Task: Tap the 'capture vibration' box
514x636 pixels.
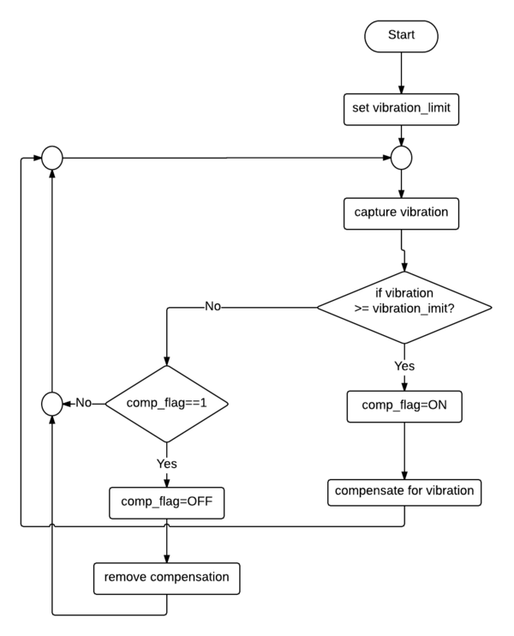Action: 402,212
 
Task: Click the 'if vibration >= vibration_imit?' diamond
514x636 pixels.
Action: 404,307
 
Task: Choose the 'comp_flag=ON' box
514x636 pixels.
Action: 404,407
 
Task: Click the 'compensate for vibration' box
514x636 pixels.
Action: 404,492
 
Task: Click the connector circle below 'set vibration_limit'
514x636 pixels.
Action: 402,157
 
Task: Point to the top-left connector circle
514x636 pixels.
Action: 51,157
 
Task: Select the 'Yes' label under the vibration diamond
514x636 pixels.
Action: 404,366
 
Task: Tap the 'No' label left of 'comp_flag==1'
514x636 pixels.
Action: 84,401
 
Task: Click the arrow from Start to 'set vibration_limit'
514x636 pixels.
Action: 402,74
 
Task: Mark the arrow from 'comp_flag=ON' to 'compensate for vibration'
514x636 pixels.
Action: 404,450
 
